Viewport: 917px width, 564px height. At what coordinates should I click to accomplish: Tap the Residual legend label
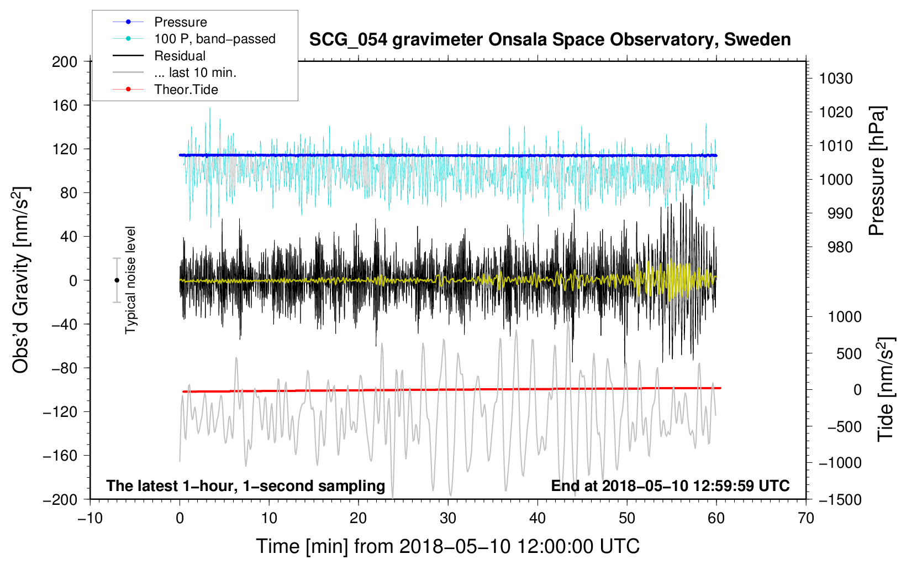pyautogui.click(x=180, y=56)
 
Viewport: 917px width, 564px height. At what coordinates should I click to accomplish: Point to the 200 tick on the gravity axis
pyautogui.click(x=65, y=62)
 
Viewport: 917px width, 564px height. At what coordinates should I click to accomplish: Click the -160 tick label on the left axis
pyautogui.click(x=60, y=456)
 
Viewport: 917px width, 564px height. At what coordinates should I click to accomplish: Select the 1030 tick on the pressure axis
pyautogui.click(x=836, y=79)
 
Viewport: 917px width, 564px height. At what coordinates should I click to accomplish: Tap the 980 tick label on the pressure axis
pyautogui.click(x=840, y=247)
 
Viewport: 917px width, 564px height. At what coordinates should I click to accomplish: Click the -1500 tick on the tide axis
pyautogui.click(x=840, y=500)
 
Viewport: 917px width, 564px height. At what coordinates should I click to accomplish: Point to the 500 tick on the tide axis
pyautogui.click(x=849, y=353)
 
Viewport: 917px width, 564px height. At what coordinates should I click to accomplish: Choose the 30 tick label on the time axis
pyautogui.click(x=448, y=518)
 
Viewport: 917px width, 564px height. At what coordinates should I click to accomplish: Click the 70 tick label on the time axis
pyautogui.click(x=806, y=518)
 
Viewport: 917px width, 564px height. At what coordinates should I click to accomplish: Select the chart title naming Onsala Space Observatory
pyautogui.click(x=550, y=39)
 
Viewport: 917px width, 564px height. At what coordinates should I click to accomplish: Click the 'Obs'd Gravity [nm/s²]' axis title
pyautogui.click(x=20, y=280)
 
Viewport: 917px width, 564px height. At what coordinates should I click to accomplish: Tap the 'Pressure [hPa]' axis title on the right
pyautogui.click(x=877, y=171)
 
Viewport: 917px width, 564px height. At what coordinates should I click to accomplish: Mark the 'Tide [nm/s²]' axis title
pyautogui.click(x=886, y=389)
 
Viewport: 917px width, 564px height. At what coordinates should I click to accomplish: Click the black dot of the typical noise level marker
pyautogui.click(x=117, y=280)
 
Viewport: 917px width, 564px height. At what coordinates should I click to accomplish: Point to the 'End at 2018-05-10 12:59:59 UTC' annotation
pyautogui.click(x=670, y=485)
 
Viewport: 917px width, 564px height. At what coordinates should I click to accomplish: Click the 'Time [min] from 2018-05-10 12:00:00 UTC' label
pyautogui.click(x=448, y=547)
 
